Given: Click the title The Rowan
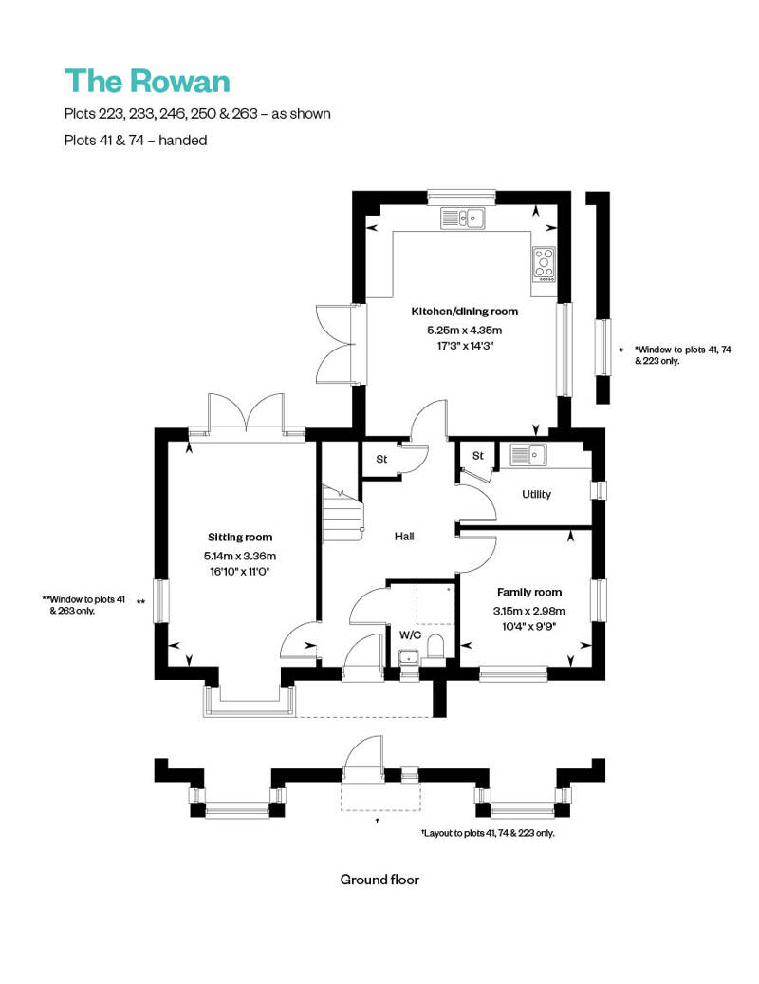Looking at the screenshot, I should (147, 82).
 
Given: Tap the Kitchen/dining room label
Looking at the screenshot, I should (464, 312).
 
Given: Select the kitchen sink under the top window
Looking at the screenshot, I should (463, 219).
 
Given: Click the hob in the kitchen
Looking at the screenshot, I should (544, 263).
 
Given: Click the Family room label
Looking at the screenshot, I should (528, 593).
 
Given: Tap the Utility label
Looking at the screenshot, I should (536, 495).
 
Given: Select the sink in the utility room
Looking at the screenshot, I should (529, 455).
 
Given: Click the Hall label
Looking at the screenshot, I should (404, 537).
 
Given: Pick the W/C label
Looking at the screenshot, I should (410, 634).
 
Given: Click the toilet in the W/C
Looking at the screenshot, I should (435, 650).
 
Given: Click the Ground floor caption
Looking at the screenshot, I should (379, 880).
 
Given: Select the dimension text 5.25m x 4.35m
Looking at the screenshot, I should (464, 330).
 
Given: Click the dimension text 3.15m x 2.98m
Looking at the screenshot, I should (528, 611).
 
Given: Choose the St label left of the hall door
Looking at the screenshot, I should (381, 460).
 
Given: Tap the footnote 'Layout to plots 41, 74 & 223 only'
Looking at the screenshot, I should (488, 833).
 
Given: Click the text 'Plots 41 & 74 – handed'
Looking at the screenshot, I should (135, 140).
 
